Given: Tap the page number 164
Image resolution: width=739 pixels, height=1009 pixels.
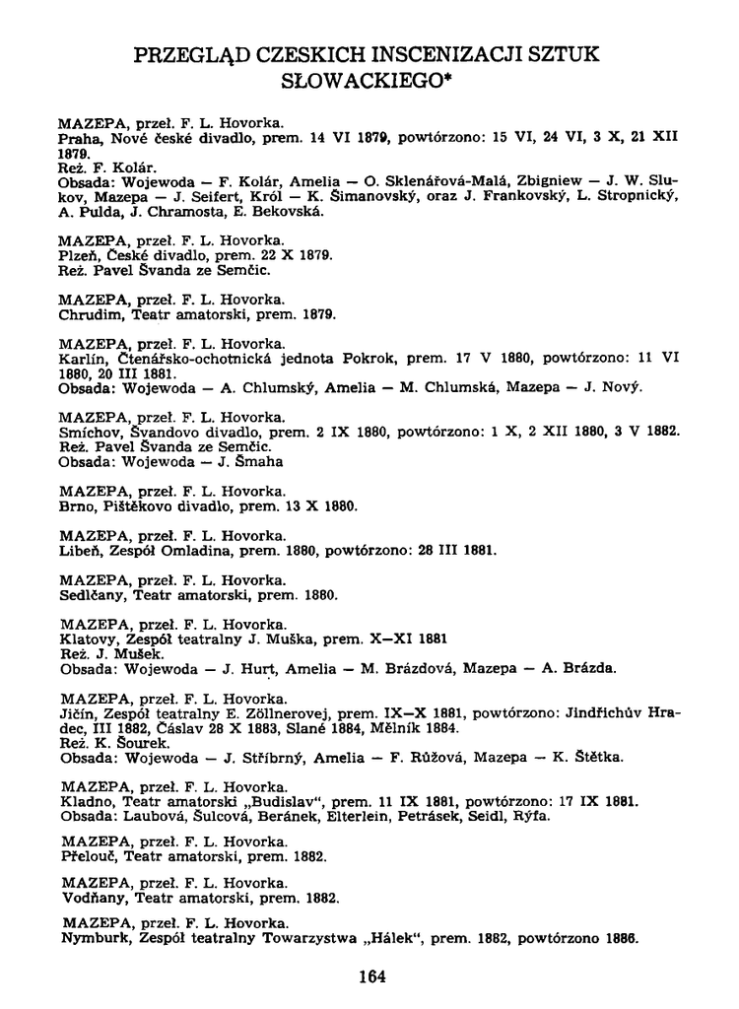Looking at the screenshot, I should (x=371, y=977).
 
